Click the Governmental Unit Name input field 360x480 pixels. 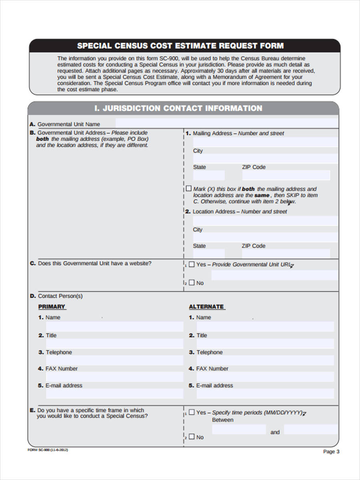[226, 123]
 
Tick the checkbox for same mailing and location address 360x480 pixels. [189, 188]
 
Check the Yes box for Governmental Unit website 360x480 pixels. [192, 264]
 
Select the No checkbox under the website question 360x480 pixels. [192, 282]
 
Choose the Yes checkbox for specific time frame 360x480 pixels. [192, 412]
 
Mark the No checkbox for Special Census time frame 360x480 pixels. [192, 437]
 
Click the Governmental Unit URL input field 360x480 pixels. [274, 275]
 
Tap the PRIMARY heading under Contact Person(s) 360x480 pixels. [52, 306]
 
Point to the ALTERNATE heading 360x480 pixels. [206, 306]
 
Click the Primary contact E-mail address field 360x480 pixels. [114, 394]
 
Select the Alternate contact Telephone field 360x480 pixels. [265, 360]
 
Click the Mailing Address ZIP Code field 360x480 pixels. [286, 175]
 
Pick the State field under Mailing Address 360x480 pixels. [209, 175]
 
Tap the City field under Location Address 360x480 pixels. [266, 237]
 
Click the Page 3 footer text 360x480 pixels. [331, 452]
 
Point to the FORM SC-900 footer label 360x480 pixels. [48, 450]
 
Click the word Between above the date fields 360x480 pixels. [222, 420]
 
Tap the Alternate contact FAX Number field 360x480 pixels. [265, 377]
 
